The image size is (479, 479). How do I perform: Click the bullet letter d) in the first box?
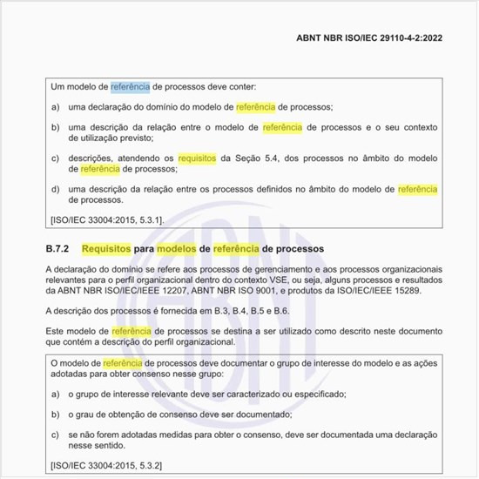click(x=56, y=189)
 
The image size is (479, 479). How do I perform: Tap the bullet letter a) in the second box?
click(x=56, y=394)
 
